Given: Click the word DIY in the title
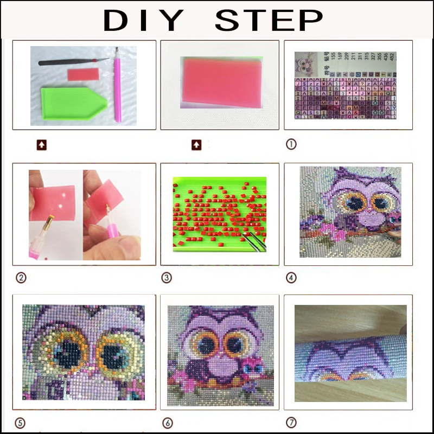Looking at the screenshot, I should [x=144, y=21].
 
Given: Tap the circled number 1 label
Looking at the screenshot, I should [x=291, y=145].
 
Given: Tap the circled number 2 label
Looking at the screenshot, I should [x=21, y=278].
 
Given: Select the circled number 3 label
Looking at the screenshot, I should [x=167, y=278].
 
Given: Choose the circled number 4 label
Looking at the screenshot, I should [x=291, y=278].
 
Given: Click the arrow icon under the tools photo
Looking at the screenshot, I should [x=42, y=145].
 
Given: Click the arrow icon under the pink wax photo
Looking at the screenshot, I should [x=196, y=145].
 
